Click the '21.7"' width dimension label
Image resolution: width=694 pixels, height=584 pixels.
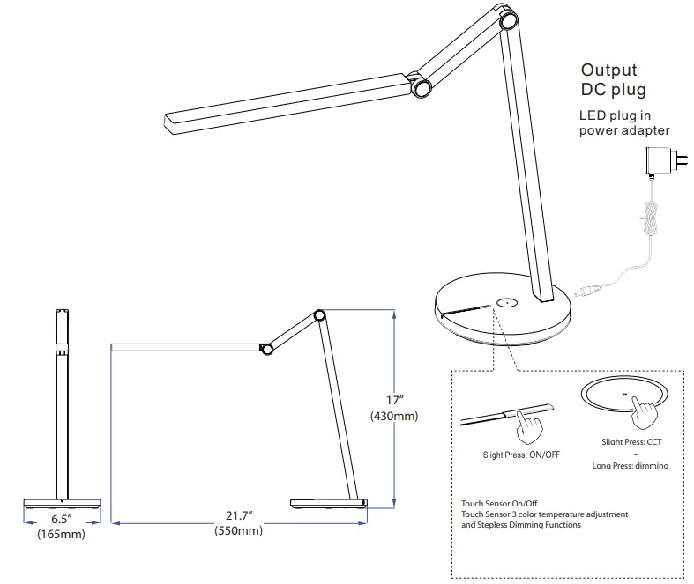(238, 514)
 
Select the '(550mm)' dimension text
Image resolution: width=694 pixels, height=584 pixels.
(238, 530)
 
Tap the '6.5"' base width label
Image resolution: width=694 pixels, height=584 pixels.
(60, 519)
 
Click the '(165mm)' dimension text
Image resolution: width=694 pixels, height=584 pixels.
(60, 535)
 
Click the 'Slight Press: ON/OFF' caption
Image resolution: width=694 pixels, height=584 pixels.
(516, 455)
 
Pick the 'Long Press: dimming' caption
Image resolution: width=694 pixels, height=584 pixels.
(629, 465)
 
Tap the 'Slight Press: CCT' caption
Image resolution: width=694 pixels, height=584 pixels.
(629, 440)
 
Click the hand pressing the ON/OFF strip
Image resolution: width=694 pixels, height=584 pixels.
(530, 426)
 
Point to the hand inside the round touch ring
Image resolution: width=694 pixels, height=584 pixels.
(650, 408)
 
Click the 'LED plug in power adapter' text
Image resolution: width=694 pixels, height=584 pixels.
(623, 123)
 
